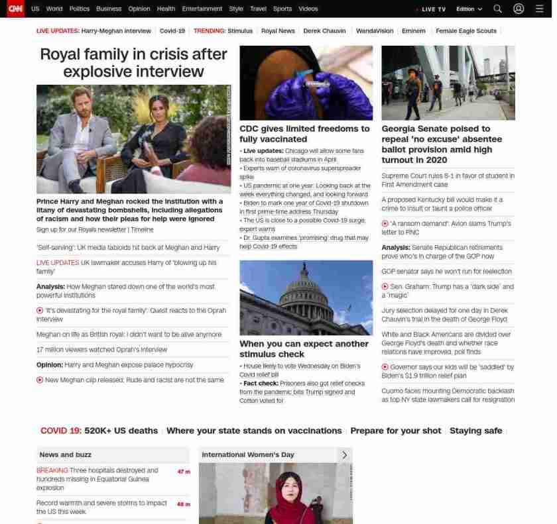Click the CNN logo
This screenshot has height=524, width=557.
15,9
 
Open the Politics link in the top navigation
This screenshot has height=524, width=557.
79,9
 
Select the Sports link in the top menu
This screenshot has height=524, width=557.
282,9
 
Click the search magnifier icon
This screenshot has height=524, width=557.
497,9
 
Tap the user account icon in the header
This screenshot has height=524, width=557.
519,9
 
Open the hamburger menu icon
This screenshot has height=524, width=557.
539,9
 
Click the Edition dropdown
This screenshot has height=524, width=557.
469,9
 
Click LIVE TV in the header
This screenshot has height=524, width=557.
433,9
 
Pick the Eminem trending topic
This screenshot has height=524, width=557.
413,31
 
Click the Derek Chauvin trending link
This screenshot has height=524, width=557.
324,31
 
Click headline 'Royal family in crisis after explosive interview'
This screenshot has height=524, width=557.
133,62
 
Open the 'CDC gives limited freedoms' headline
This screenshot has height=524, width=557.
304,134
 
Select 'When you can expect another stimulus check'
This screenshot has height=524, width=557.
304,348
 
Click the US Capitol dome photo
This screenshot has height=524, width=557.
306,297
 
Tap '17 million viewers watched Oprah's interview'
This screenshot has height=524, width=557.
101,349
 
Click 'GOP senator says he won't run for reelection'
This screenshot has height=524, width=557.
446,271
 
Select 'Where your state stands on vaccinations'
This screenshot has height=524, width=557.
254,431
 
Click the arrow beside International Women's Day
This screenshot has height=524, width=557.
344,454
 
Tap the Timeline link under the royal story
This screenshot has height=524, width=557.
142,229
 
